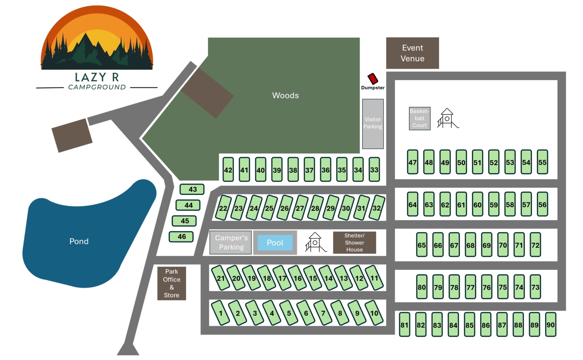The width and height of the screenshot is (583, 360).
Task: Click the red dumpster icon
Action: point(373,79)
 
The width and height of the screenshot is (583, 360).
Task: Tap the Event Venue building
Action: point(412,53)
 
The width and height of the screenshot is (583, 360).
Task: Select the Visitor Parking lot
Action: point(373,123)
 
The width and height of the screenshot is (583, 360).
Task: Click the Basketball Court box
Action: point(419,118)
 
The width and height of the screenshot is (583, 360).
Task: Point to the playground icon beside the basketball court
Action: point(447,118)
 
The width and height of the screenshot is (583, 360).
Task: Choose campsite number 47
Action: point(412,162)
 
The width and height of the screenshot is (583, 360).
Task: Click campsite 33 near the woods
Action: point(374,169)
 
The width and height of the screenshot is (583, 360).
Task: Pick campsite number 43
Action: point(192,189)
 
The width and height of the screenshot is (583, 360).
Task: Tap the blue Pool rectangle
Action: point(275,243)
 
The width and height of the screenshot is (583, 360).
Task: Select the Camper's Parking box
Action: point(231,243)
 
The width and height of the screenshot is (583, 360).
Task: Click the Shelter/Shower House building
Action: point(354,243)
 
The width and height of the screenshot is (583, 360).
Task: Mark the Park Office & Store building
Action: point(171,283)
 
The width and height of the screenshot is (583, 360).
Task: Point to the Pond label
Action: point(79,241)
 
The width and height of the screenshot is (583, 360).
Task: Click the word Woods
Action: point(285,96)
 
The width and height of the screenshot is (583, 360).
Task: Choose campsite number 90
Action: point(550,324)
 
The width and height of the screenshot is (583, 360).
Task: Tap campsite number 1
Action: point(220,313)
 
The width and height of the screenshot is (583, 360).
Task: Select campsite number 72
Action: point(535,245)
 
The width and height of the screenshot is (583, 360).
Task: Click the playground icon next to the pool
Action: point(315,242)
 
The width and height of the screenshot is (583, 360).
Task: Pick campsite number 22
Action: point(223,208)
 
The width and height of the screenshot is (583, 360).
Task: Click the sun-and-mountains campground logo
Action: point(97,39)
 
